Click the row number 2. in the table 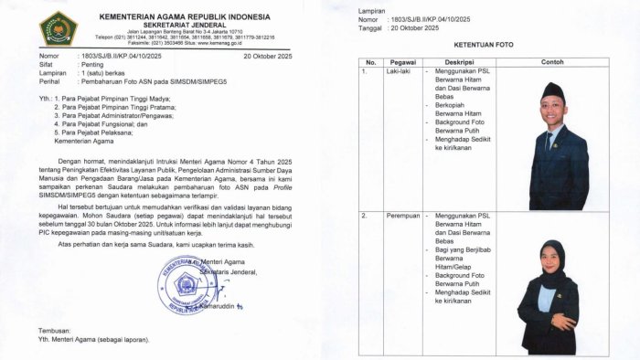366,217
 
